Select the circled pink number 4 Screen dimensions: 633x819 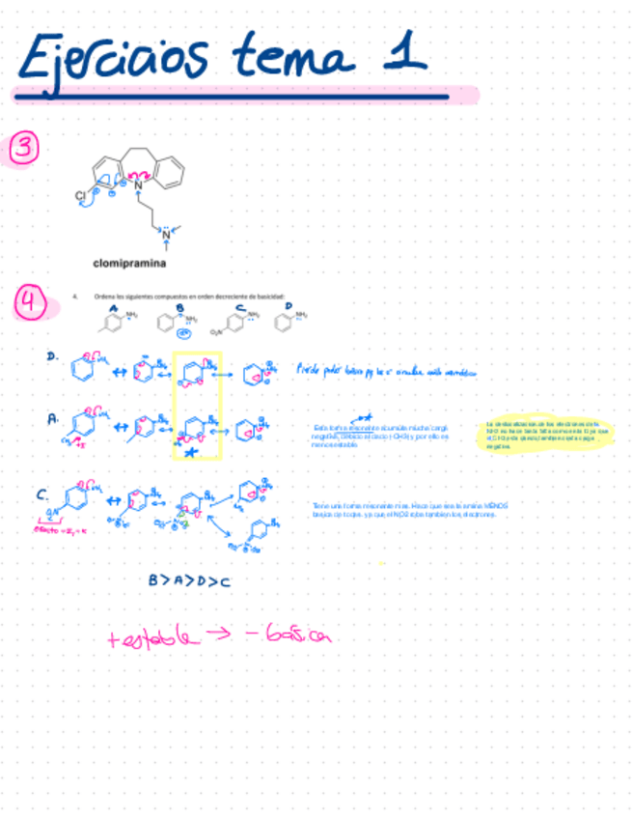pos(30,304)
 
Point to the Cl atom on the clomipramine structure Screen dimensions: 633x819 pos(80,195)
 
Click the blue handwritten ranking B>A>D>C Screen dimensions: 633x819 pos(189,579)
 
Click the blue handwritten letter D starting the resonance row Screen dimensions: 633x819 pos(52,355)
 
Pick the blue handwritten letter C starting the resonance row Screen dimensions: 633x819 pos(42,494)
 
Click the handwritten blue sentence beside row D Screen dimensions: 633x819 pos(386,369)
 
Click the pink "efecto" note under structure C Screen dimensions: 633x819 pos(60,530)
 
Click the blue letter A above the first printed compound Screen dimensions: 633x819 pos(114,307)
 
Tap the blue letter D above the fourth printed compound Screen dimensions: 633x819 pos(289,307)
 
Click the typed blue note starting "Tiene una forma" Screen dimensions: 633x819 pos(410,510)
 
